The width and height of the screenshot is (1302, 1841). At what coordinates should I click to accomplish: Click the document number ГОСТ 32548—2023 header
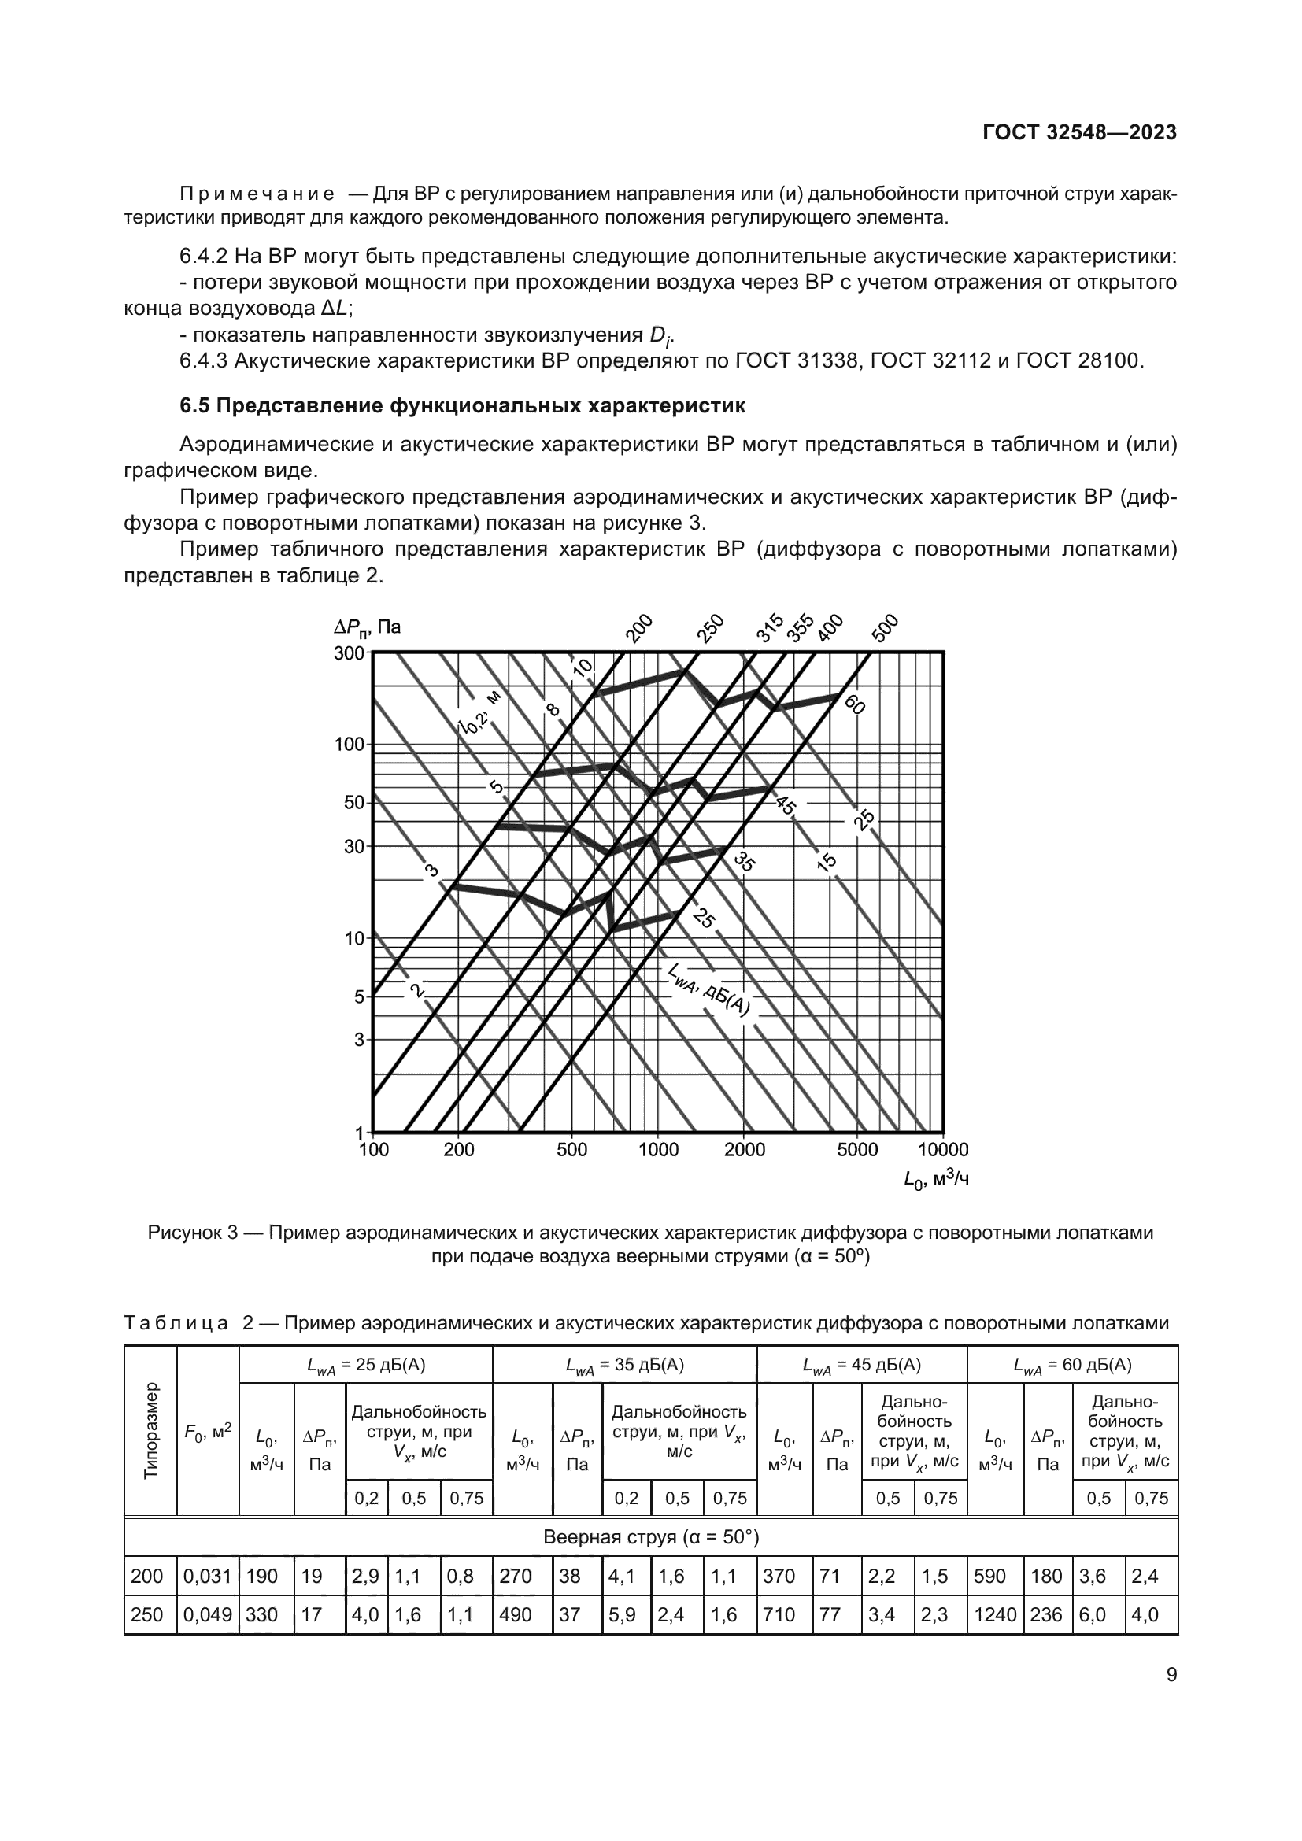click(x=1079, y=133)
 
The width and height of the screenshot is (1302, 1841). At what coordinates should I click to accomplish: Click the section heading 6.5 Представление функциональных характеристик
click(x=462, y=406)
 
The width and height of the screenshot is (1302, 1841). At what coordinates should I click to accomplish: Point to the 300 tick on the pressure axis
click(x=349, y=652)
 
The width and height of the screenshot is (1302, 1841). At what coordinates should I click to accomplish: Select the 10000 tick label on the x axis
click(x=943, y=1150)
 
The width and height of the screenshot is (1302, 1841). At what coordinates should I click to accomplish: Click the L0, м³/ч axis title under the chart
click(x=936, y=1179)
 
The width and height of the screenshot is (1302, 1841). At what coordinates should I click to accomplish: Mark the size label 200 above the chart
click(x=639, y=629)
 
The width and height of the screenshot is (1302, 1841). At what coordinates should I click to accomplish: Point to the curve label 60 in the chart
click(x=855, y=704)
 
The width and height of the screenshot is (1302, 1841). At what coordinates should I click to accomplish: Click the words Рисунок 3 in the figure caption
click(x=192, y=1233)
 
